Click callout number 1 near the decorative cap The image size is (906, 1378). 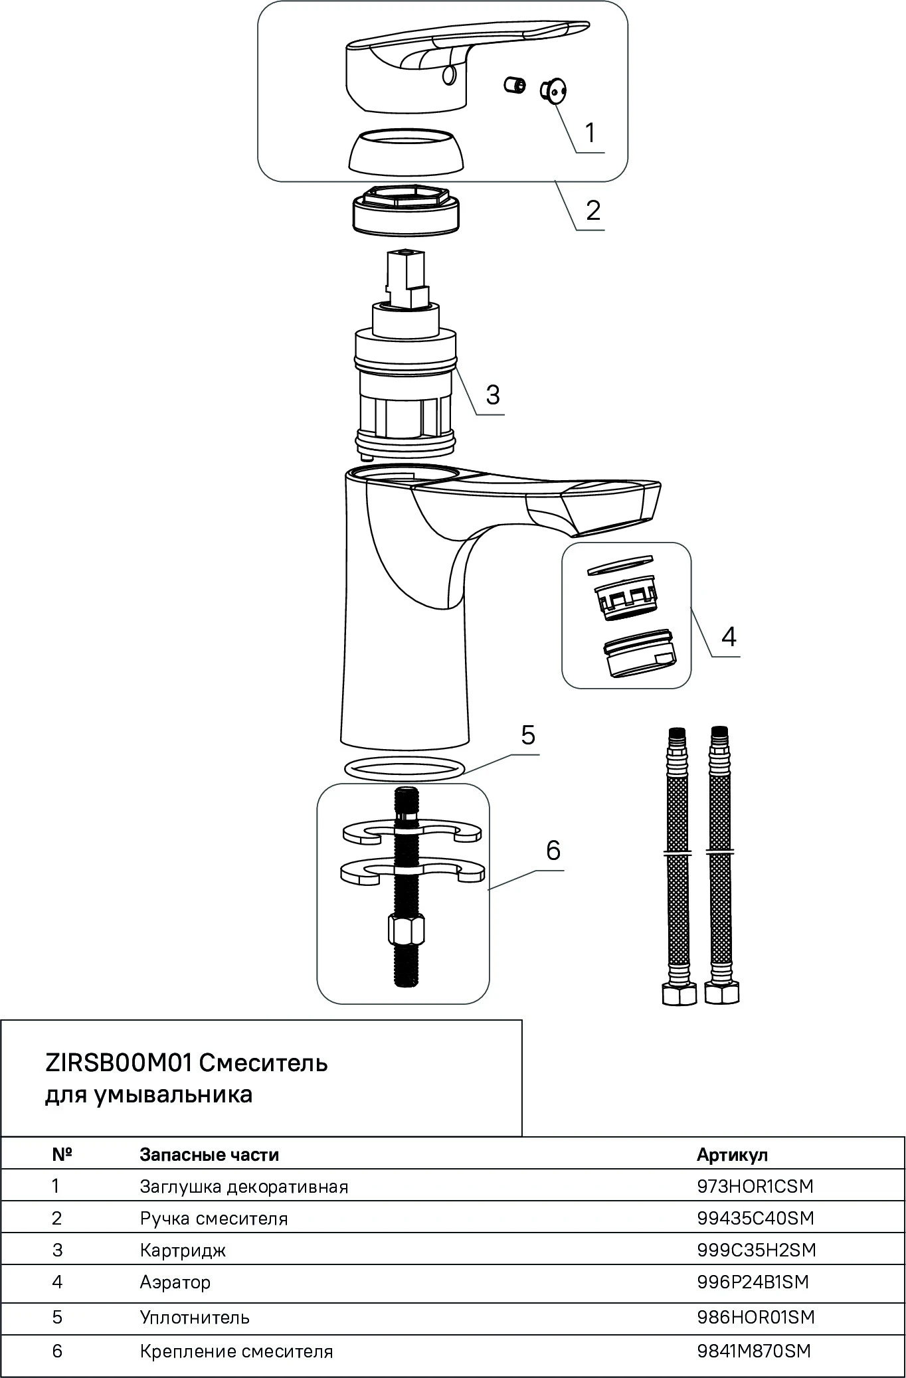coord(590,133)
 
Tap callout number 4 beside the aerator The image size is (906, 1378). coord(729,636)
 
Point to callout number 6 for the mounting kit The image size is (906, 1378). coord(553,850)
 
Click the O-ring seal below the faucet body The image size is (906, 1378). coord(404,769)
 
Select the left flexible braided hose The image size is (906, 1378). coord(678,863)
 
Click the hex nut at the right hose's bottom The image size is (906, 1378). coord(722,993)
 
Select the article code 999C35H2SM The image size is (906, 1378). coord(756,1250)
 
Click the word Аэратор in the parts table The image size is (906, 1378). coord(175,1282)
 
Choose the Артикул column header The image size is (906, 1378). coord(732,1154)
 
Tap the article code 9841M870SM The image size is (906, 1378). coord(754,1351)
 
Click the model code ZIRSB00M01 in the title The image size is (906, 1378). coord(118,1063)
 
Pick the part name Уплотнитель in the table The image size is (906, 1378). coord(195,1317)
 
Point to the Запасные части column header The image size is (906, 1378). coord(209,1154)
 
